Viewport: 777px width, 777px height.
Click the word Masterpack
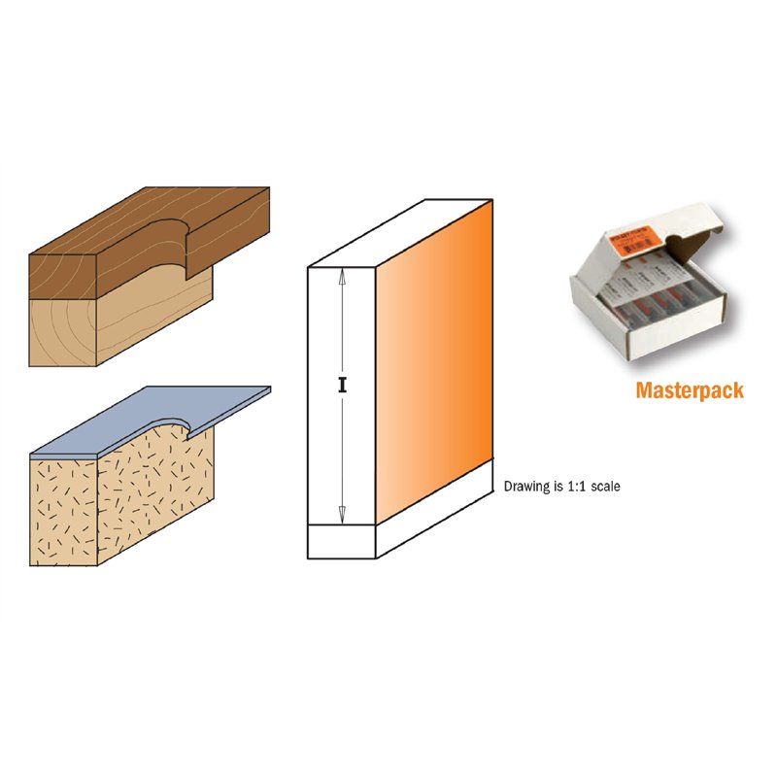(x=690, y=390)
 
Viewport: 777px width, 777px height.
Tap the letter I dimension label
(x=342, y=385)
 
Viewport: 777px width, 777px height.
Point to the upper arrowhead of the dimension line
(x=342, y=274)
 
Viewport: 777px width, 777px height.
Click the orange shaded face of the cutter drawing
(x=437, y=369)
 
